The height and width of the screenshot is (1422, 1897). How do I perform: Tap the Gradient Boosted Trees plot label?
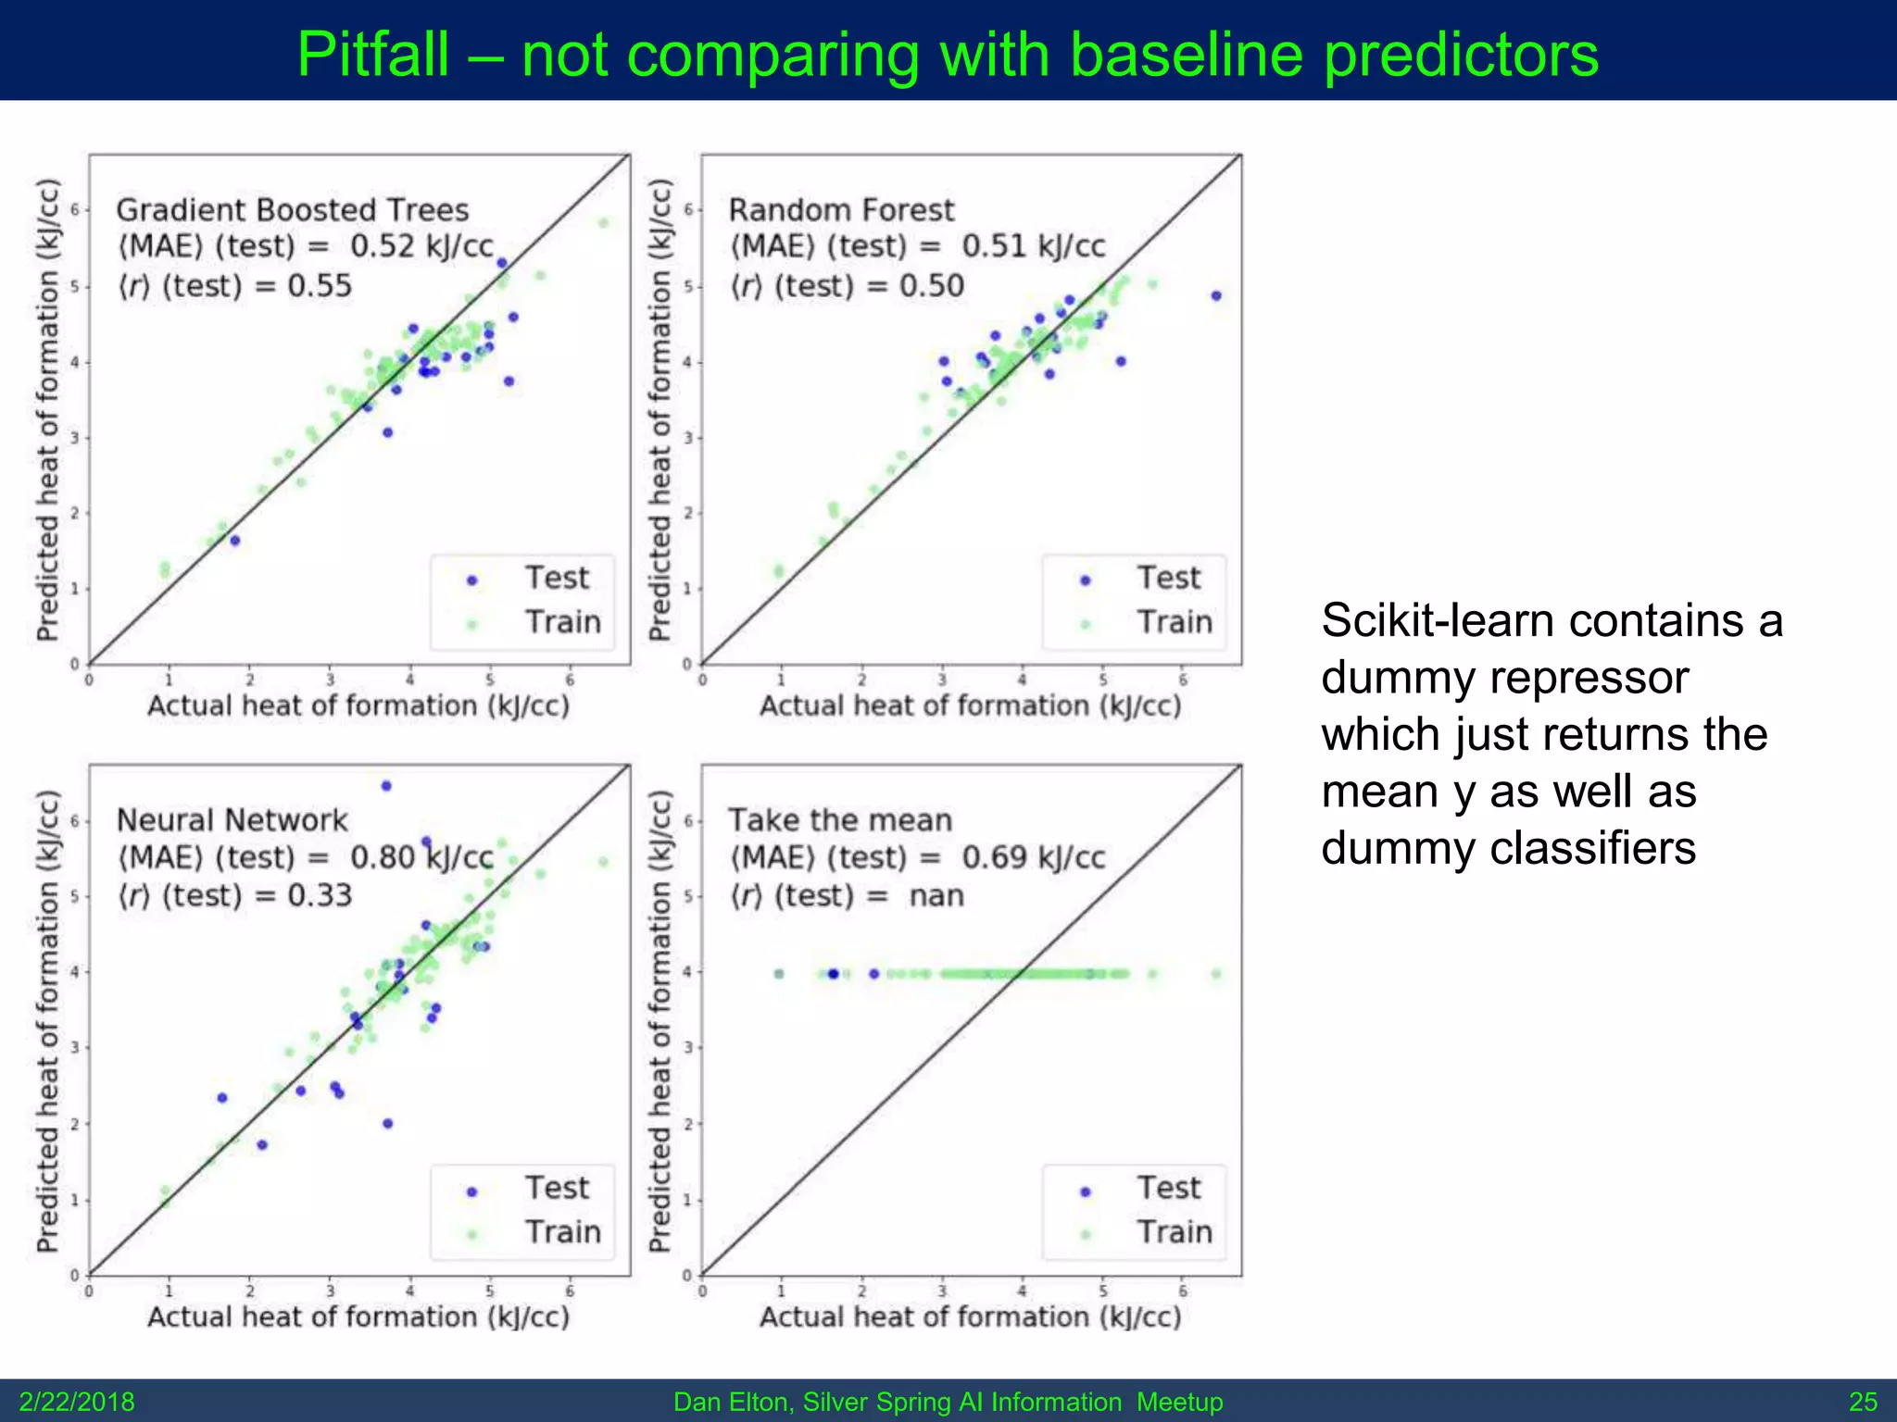click(x=293, y=210)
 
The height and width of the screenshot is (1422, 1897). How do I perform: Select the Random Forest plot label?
click(x=841, y=210)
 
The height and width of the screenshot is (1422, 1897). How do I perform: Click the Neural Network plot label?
click(x=232, y=820)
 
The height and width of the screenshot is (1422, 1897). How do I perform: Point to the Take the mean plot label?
click(x=840, y=820)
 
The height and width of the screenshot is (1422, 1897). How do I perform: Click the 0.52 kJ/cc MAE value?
click(x=421, y=246)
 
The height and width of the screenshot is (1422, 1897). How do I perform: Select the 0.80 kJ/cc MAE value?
click(x=421, y=857)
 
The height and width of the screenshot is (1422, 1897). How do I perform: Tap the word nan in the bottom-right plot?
click(x=936, y=896)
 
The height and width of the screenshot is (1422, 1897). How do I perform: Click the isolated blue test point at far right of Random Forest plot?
click(x=1216, y=296)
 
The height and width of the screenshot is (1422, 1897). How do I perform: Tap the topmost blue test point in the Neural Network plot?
click(x=386, y=786)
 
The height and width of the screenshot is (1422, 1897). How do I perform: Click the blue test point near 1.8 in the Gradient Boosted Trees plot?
click(x=235, y=541)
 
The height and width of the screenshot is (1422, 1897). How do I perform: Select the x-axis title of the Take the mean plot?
click(x=970, y=1316)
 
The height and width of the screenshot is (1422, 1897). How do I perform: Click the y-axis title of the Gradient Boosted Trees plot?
click(x=47, y=409)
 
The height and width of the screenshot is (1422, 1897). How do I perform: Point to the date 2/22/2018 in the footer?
click(x=77, y=1402)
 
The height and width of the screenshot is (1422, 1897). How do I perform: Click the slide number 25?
click(x=1863, y=1402)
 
